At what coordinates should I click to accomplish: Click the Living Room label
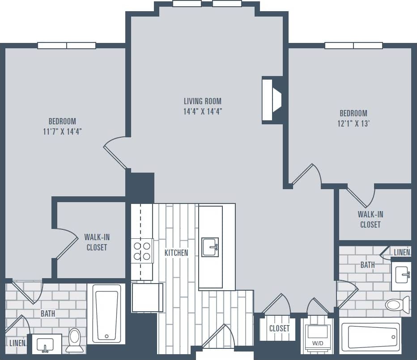coord(203,101)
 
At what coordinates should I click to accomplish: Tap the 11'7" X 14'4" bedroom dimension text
coord(62,131)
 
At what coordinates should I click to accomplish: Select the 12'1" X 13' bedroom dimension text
coord(353,124)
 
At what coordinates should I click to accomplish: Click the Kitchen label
coord(176,253)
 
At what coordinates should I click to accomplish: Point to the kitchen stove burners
coord(142,251)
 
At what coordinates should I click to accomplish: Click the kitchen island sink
coord(210,247)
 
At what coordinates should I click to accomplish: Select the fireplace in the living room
coord(272,100)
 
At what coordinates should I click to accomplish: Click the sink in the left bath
coord(45,345)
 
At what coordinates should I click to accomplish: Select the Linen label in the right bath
coord(402,253)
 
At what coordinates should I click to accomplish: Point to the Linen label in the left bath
coord(17,343)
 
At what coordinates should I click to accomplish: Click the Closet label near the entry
coord(279,329)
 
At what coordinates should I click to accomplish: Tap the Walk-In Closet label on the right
coord(370,219)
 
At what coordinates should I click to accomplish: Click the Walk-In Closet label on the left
coord(97,242)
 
